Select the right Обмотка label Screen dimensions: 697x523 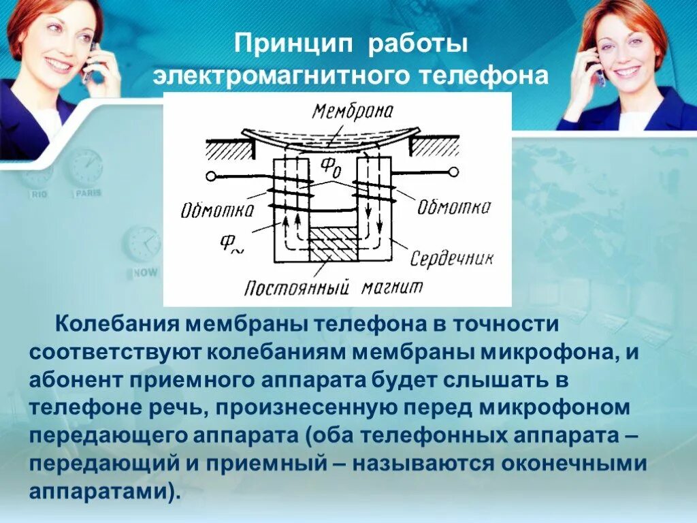[x=453, y=206]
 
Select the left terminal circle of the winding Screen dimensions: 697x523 [x=211, y=177]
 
